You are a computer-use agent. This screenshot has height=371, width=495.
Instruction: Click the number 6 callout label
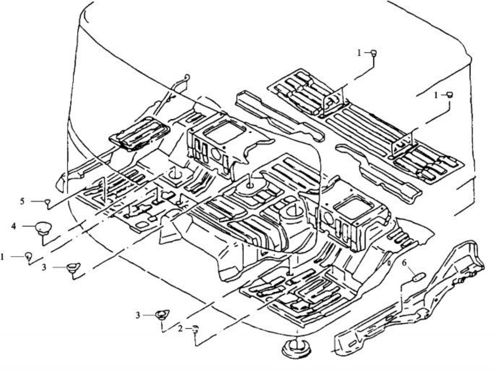(x=404, y=263)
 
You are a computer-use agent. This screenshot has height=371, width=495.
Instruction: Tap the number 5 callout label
(x=22, y=201)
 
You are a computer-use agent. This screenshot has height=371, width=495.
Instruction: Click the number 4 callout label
(x=14, y=227)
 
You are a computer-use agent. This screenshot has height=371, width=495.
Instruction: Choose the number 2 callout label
(x=180, y=329)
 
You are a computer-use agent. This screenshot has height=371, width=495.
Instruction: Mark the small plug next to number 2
(x=195, y=329)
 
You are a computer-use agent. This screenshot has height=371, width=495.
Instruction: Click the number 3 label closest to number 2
(x=138, y=315)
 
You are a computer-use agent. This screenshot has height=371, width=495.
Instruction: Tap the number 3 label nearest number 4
(x=44, y=267)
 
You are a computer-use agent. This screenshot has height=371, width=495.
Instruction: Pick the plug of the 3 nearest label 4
(x=72, y=267)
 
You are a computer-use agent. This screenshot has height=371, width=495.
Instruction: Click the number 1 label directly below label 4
(x=3, y=256)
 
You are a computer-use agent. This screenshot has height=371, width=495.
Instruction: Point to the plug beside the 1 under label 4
(x=28, y=256)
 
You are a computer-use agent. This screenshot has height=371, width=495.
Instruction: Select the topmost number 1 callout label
(x=359, y=53)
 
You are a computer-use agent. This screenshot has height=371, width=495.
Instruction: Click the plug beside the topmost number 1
(x=375, y=53)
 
